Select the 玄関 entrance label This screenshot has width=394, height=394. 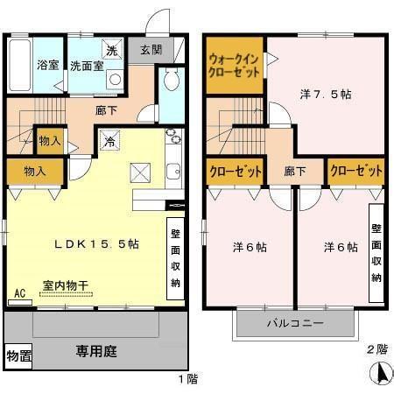coord(144,50)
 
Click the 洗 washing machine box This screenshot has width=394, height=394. coord(111,50)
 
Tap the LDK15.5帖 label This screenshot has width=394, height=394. coord(95,244)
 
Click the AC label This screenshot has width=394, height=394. coord(18,294)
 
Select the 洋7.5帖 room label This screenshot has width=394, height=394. coord(326,94)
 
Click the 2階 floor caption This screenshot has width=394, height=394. coord(376,348)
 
